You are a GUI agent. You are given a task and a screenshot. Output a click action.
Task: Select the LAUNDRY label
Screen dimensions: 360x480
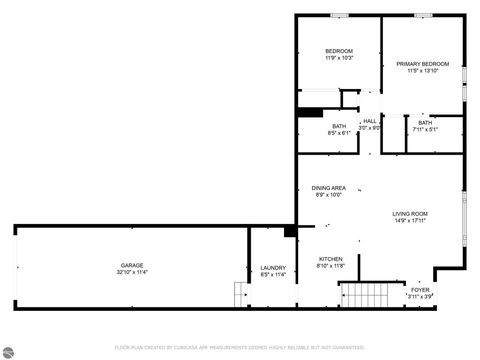click(x=273, y=267)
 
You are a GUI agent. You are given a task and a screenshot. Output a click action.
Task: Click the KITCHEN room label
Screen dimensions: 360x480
click(x=330, y=259)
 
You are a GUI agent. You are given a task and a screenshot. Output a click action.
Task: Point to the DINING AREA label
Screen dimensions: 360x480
click(x=328, y=188)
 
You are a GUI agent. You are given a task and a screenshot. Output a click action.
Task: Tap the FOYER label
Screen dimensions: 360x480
click(x=420, y=289)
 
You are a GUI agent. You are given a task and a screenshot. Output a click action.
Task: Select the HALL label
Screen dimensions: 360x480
click(x=370, y=121)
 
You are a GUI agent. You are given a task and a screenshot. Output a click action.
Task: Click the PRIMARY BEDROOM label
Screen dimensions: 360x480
click(x=421, y=64)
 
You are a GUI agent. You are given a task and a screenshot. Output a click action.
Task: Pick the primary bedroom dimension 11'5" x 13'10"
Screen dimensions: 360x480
click(x=421, y=71)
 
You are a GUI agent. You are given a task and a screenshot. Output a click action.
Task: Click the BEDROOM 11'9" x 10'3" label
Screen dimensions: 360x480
click(x=338, y=54)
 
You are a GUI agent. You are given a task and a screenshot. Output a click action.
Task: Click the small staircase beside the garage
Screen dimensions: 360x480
click(x=240, y=296)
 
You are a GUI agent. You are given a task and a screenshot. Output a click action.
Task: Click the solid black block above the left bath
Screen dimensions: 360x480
click(x=310, y=113)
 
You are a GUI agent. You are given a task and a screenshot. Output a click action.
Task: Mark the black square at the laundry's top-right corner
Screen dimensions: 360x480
click(x=290, y=231)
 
